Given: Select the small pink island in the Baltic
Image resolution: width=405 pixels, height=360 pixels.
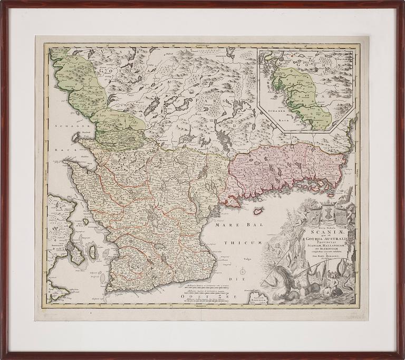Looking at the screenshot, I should [258, 211].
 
